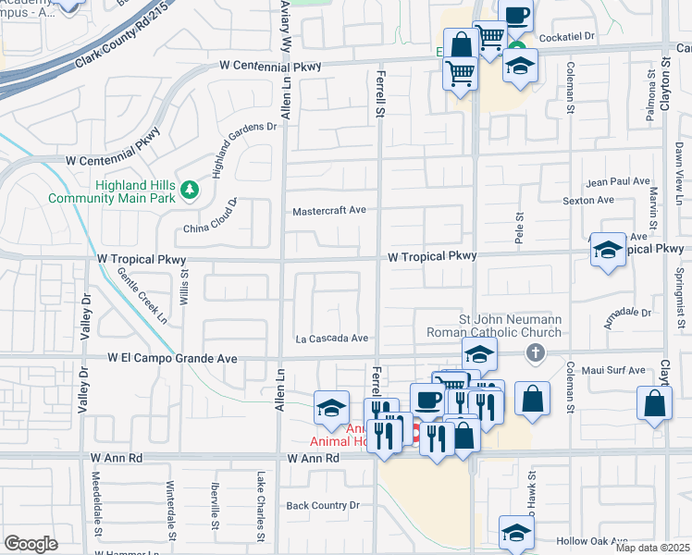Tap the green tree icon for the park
point(190,190)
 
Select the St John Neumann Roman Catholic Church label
point(493,326)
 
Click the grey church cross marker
point(534,352)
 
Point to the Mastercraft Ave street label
point(329,211)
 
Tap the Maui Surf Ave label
point(615,370)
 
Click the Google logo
point(31,544)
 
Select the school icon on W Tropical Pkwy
point(608,250)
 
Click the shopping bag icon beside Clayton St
point(654,403)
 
